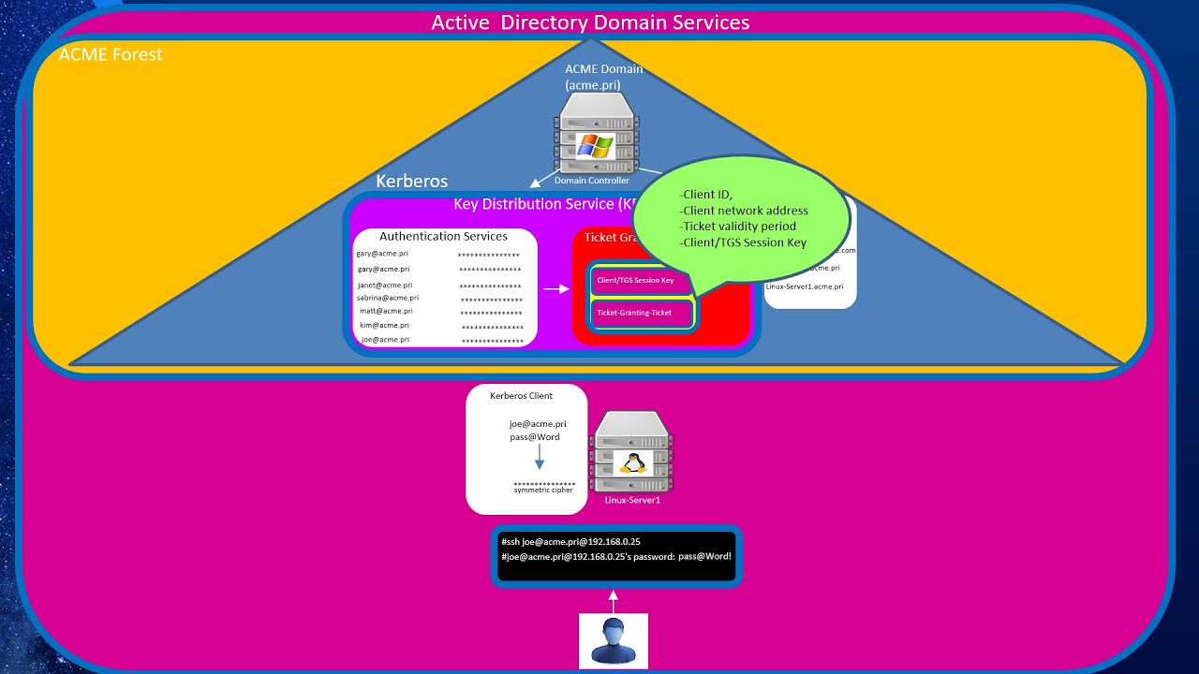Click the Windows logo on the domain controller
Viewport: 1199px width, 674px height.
pos(595,146)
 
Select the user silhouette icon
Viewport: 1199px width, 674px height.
pos(614,641)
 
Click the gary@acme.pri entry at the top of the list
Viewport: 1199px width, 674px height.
pos(382,254)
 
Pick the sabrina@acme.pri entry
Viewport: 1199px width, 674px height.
pos(387,298)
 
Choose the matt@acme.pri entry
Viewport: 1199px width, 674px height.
pos(386,311)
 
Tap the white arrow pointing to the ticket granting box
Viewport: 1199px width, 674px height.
pos(556,288)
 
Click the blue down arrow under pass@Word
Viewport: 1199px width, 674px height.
pos(539,458)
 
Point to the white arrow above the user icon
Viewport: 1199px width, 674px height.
pos(614,600)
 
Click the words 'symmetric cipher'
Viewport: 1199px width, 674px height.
pos(543,491)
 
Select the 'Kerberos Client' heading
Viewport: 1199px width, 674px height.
pos(521,396)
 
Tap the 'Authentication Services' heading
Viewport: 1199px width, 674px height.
pos(443,237)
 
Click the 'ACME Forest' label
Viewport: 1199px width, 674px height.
pos(111,54)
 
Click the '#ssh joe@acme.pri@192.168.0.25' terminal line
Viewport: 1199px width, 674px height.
pos(571,541)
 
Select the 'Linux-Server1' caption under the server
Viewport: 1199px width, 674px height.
pos(632,501)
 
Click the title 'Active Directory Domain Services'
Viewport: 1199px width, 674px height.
pos(590,22)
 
